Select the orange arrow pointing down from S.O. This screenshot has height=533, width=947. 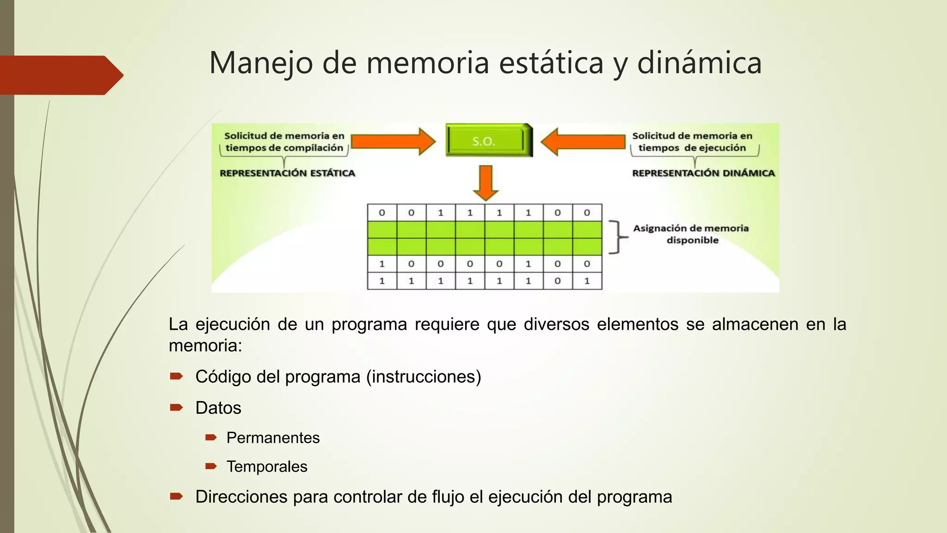486,182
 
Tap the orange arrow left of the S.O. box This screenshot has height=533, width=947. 393,142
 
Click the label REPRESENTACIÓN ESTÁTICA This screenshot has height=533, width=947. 287,174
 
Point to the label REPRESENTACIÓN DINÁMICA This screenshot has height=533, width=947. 703,174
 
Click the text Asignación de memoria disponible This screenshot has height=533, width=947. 691,234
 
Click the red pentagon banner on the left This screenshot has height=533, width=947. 60,75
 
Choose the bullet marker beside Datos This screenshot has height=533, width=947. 176,408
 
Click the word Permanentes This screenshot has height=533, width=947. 273,438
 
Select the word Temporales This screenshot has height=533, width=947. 267,466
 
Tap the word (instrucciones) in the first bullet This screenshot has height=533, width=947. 424,377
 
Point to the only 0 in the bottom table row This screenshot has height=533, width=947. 558,281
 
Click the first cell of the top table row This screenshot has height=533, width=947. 382,213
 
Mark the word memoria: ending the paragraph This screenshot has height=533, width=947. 205,346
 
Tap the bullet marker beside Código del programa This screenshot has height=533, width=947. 176,377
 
